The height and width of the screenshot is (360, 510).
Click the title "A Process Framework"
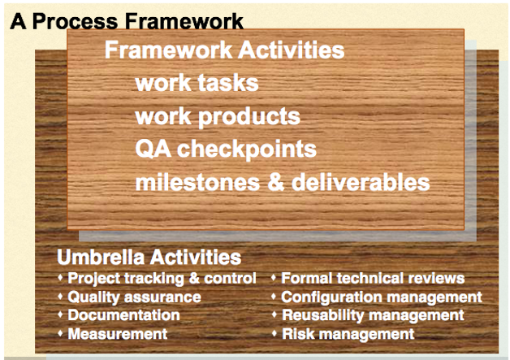[x=127, y=21]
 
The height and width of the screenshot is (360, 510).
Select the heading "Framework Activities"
[x=224, y=50]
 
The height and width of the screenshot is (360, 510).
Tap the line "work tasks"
[x=197, y=83]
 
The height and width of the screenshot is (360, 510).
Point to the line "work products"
[x=218, y=116]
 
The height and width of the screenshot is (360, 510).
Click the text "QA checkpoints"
[x=226, y=150]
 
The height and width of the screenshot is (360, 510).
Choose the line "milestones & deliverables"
[x=283, y=182]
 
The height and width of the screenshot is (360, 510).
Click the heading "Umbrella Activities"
[x=149, y=257]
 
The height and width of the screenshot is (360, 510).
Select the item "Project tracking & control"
[x=162, y=279]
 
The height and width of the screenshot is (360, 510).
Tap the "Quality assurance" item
[x=134, y=297]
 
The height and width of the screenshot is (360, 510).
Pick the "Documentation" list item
[x=123, y=315]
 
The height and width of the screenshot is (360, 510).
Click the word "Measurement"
[x=118, y=334]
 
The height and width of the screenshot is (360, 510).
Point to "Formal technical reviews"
[x=373, y=279]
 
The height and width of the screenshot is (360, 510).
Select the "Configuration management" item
[x=382, y=297]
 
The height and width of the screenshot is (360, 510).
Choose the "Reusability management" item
[x=373, y=315]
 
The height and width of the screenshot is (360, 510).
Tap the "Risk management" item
[x=348, y=334]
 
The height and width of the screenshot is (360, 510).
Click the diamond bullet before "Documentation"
[x=60, y=314]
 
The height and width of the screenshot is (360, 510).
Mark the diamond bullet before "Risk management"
[x=274, y=333]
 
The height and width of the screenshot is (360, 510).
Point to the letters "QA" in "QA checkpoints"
[x=153, y=150]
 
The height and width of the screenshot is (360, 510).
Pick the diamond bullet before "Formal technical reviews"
[x=274, y=277]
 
